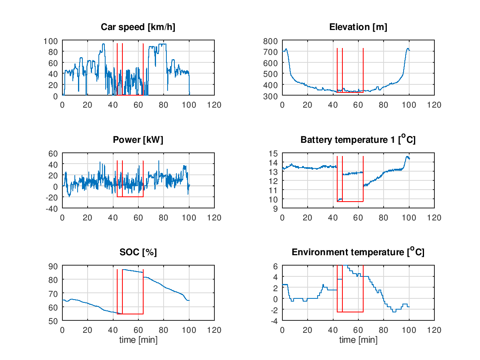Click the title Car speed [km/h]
pyautogui.click(x=138, y=27)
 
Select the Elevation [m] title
pyautogui.click(x=358, y=27)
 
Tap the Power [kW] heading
pyautogui.click(x=138, y=140)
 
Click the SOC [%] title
pyautogui.click(x=138, y=252)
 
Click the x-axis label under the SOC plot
pyautogui.click(x=138, y=340)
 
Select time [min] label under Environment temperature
pyautogui.click(x=358, y=340)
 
